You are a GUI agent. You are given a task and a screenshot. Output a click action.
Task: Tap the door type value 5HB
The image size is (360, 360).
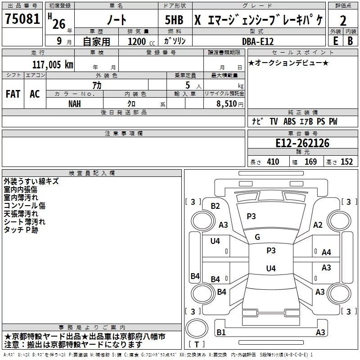coord(174,20)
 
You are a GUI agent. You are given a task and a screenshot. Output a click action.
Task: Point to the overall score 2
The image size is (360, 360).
coord(343,20)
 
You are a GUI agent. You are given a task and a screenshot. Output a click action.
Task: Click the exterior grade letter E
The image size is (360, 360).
coord(335,40)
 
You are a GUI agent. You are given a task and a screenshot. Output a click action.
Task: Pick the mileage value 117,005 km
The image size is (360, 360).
coord(53,64)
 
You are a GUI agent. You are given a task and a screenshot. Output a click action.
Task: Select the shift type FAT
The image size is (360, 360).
coord(13,94)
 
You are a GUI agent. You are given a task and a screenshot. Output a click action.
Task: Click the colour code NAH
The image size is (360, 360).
coord(75,103)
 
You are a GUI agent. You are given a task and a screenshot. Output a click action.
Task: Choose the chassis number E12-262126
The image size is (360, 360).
coord(302,144)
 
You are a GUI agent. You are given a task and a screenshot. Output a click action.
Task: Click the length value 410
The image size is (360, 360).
coord(273,162)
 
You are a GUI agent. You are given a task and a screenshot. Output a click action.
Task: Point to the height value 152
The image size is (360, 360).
coord(346,162)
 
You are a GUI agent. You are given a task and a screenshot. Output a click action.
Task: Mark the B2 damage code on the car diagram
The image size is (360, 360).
coord(216,206)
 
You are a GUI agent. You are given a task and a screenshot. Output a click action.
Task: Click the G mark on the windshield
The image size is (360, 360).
coord(257,237)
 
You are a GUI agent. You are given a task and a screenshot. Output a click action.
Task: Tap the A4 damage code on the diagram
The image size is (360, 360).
coord(326,252)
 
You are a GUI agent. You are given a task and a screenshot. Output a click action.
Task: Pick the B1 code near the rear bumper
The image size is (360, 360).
coord(221,333)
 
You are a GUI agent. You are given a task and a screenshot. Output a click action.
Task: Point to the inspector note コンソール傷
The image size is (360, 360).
coord(24,206)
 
